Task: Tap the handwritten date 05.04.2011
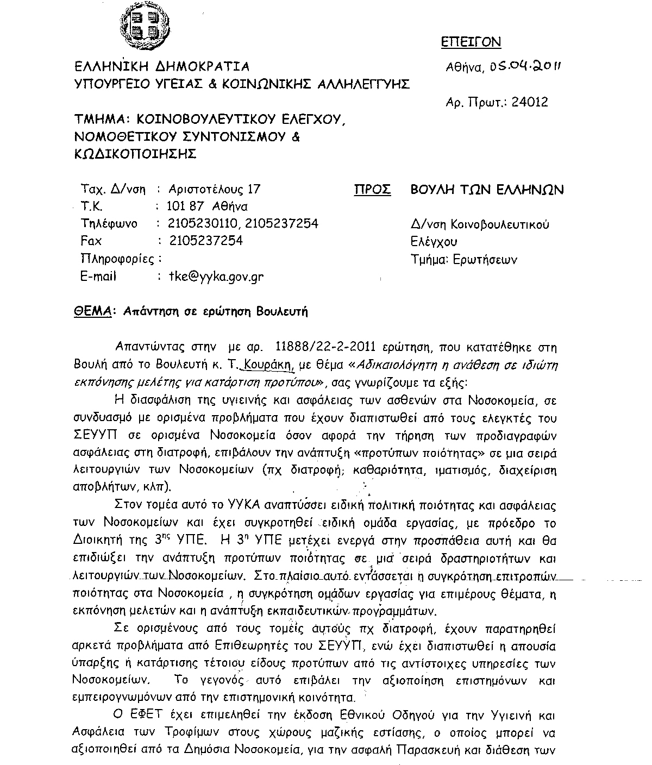(x=525, y=66)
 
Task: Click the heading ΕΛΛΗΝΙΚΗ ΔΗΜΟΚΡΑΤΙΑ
(x=162, y=67)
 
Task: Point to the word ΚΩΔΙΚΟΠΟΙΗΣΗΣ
(x=135, y=154)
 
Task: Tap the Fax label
(x=91, y=241)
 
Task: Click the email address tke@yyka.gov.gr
(x=216, y=276)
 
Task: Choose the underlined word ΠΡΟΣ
(x=372, y=189)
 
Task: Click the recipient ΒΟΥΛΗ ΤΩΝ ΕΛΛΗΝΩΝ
(x=487, y=189)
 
